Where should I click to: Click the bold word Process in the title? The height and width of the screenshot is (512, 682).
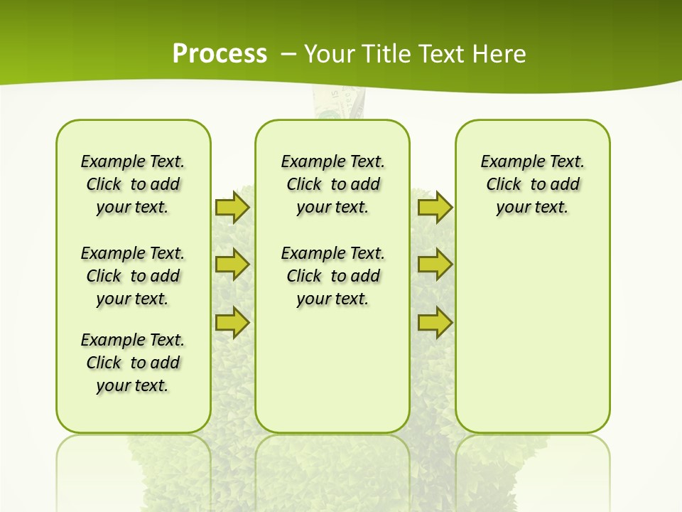pyautogui.click(x=220, y=53)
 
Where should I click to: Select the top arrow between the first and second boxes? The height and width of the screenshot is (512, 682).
pyautogui.click(x=232, y=208)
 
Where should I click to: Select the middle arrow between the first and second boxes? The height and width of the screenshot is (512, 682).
pyautogui.click(x=232, y=265)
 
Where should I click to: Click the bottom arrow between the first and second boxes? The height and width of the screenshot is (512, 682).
pyautogui.click(x=232, y=322)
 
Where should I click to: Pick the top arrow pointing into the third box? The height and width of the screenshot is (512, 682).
pyautogui.click(x=435, y=208)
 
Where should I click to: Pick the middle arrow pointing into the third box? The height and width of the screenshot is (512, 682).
pyautogui.click(x=435, y=265)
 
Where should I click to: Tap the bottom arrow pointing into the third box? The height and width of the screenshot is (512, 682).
pyautogui.click(x=435, y=322)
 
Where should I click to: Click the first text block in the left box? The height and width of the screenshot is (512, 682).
pyautogui.click(x=133, y=184)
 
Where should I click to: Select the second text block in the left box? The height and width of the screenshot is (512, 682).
pyautogui.click(x=133, y=276)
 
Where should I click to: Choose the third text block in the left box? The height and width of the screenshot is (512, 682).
pyautogui.click(x=133, y=363)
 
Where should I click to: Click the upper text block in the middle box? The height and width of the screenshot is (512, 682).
pyautogui.click(x=332, y=184)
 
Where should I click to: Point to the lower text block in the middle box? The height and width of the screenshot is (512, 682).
pyautogui.click(x=332, y=276)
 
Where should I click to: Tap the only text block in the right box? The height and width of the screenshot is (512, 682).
pyautogui.click(x=532, y=184)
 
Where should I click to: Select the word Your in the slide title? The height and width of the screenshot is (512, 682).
pyautogui.click(x=329, y=54)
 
